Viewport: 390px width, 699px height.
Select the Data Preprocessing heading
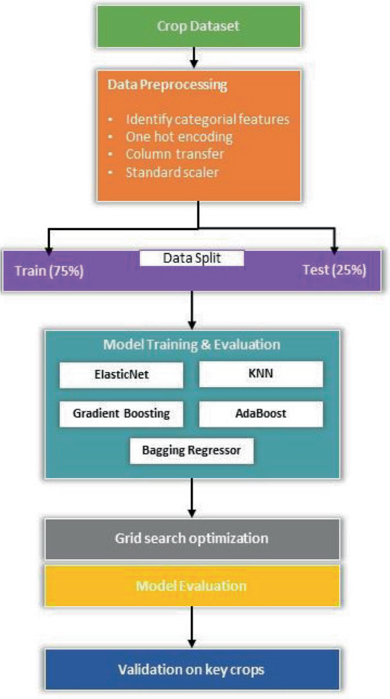point(167,85)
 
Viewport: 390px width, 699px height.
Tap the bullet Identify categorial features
point(207,120)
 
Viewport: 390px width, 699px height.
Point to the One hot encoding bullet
point(178,137)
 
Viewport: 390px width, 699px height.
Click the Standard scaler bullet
point(172,172)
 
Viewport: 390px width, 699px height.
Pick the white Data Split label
point(192,258)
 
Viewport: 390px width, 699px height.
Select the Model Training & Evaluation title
point(192,344)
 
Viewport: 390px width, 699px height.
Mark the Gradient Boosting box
point(121,413)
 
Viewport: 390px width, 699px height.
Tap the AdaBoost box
point(260,413)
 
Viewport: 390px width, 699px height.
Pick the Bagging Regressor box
point(191,450)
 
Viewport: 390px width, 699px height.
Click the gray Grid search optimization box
point(192,538)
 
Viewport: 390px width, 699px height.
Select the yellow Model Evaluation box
point(192,586)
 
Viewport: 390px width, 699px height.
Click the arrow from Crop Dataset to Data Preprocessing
point(194,56)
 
